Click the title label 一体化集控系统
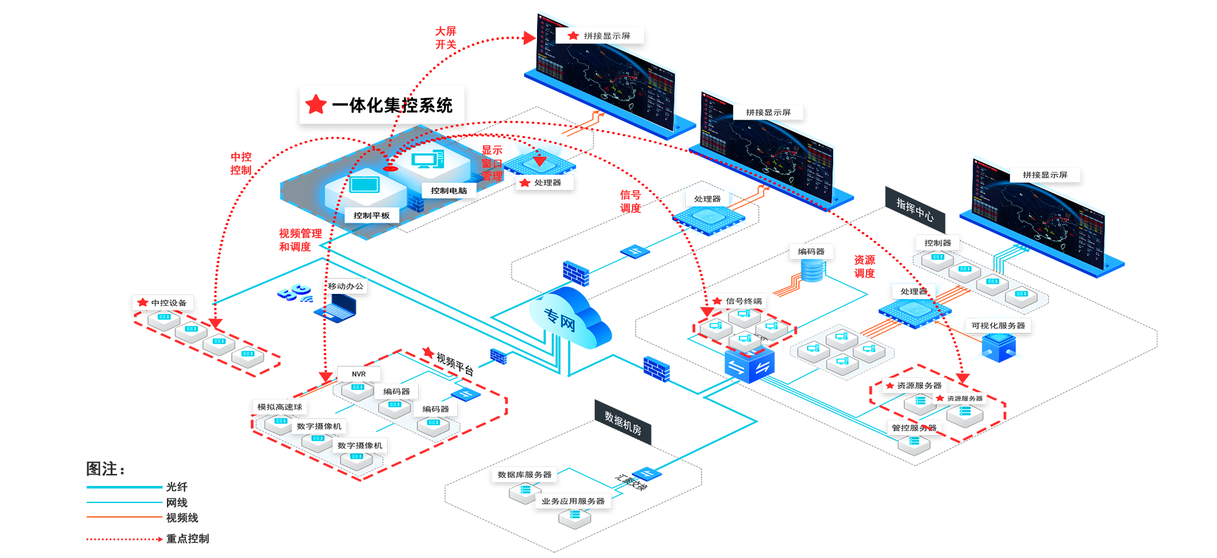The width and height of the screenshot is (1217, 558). point(392,106)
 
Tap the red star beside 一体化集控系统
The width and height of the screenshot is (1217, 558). point(316,104)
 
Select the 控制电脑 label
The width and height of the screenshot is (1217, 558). point(448,191)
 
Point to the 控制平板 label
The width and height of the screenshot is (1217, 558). point(371,215)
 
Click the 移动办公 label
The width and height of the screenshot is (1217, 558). point(345,286)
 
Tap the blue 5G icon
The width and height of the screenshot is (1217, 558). point(295,293)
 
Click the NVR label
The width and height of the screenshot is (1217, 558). point(359,374)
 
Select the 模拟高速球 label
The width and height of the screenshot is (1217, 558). point(280,407)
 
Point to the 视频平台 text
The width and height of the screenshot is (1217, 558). point(454,364)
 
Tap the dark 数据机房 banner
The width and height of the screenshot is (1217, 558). point(622,423)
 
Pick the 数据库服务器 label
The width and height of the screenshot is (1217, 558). point(524,475)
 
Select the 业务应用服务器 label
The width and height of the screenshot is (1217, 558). point(573,501)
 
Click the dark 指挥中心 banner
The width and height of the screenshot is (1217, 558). point(915,209)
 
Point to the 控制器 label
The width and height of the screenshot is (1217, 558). point(937,243)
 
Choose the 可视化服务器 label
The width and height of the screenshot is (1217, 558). point(998,325)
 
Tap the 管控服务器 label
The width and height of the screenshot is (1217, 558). point(914,428)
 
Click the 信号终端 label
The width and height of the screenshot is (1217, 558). point(743,301)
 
